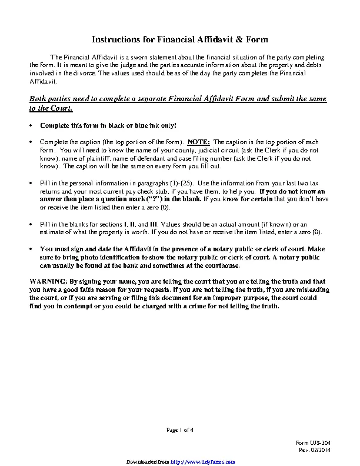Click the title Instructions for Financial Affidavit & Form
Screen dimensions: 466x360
pos(180,39)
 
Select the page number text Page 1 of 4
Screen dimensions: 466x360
pos(179,430)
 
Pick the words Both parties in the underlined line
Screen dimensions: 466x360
pos(48,98)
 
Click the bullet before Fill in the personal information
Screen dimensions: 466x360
pos(31,184)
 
